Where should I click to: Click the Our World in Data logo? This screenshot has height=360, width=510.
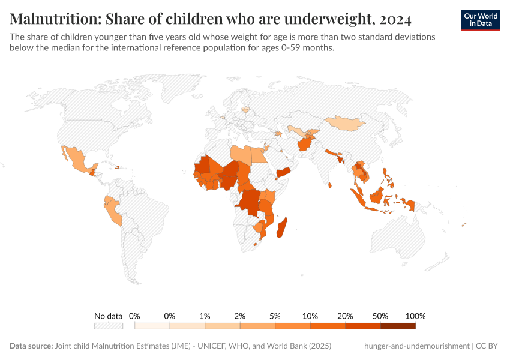[480, 20]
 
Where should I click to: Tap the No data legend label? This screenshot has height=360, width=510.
[108, 316]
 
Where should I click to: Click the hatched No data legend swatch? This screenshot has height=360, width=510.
[108, 326]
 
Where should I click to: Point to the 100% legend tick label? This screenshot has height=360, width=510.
[415, 316]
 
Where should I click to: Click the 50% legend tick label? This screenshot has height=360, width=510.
[380, 316]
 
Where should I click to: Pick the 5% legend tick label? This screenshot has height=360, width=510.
[275, 316]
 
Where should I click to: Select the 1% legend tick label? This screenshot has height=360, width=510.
[205, 316]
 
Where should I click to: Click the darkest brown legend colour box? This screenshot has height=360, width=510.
[398, 326]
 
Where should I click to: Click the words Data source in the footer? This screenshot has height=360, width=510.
[31, 346]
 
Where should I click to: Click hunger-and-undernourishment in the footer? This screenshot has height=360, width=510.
[416, 346]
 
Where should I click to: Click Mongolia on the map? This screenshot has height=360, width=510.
[346, 124]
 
